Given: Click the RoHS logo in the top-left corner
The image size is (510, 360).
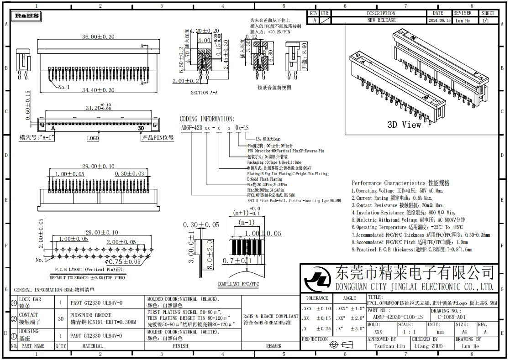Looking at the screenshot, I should pos(27,16).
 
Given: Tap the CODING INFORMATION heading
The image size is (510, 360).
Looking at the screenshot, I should pos(207,119).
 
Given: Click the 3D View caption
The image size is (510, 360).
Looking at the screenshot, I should pos(405,125).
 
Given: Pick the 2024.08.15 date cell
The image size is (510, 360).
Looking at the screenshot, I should pos(439,21).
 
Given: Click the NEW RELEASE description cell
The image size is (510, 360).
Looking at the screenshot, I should pos(381,21).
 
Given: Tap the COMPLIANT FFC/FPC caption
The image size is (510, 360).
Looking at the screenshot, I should pos(238,284).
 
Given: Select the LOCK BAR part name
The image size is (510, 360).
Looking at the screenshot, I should pos(30,299).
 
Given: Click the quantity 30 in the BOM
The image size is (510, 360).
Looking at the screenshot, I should pos(61,319).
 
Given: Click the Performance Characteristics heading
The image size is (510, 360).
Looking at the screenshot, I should pos(400,183).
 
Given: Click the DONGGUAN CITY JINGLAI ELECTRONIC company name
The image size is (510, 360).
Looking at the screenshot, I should pos(415,287).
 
